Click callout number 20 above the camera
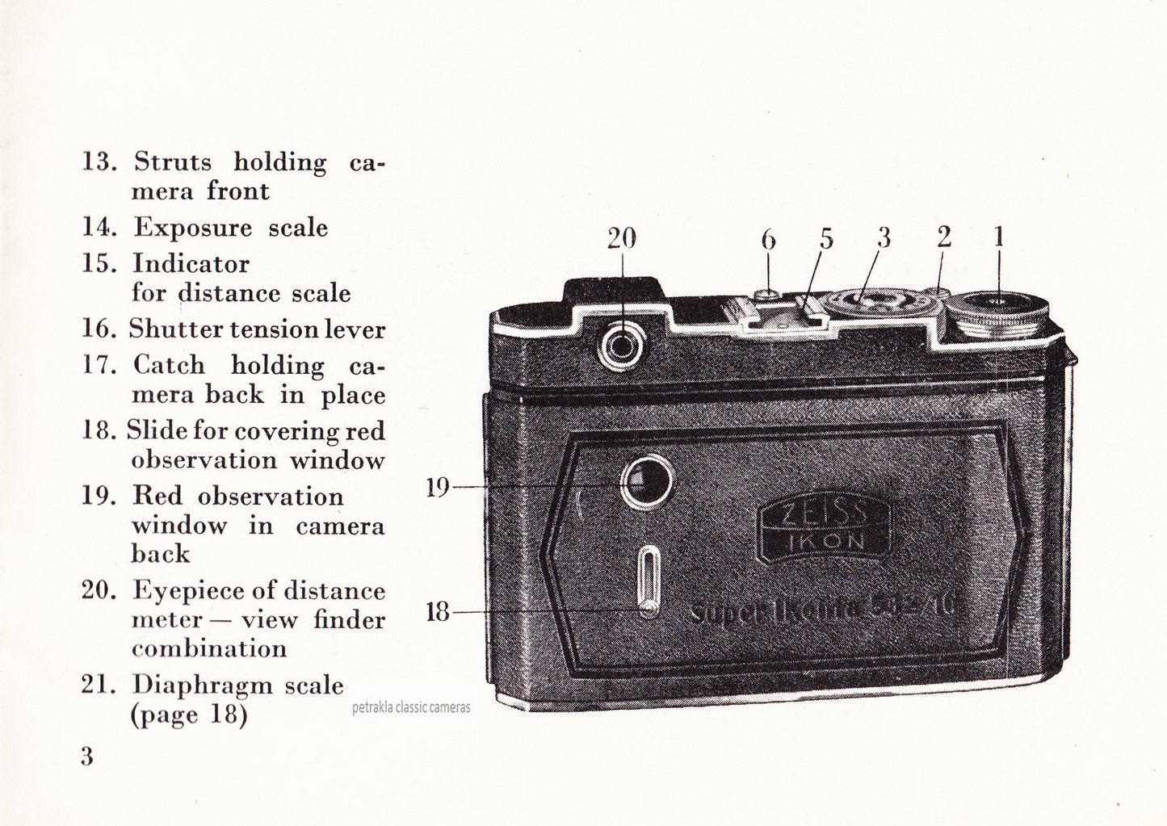coord(622,238)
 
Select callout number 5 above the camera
coord(825,238)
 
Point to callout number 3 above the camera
coord(884,237)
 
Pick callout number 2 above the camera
coord(944,237)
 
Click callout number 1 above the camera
coord(999,237)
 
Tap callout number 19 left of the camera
coord(438,487)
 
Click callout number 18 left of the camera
coord(437,612)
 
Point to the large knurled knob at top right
coord(998,317)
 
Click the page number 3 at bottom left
coord(86,757)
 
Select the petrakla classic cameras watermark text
coord(411,708)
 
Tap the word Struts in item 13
coord(173,161)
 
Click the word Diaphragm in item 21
coord(202,685)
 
